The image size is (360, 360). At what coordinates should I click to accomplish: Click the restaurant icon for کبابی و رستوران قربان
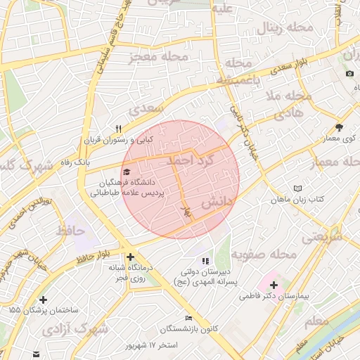click(x=119, y=129)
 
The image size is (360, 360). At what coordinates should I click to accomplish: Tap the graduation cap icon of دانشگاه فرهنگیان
click(x=127, y=172)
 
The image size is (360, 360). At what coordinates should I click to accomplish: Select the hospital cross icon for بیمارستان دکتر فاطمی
click(x=273, y=285)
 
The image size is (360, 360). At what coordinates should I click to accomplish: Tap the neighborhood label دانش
click(x=217, y=203)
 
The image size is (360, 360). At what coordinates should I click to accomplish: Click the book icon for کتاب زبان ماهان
click(x=300, y=188)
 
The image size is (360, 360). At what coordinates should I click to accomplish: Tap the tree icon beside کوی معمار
click(x=340, y=127)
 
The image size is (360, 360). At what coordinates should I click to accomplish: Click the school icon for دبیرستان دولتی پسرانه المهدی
click(x=205, y=262)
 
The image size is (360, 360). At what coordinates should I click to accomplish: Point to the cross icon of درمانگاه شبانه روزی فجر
click(x=130, y=257)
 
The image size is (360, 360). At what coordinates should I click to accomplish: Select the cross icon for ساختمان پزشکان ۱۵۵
click(x=44, y=299)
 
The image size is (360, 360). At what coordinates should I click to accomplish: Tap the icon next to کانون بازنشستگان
click(x=188, y=318)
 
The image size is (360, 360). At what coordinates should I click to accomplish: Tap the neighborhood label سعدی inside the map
click(x=146, y=109)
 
